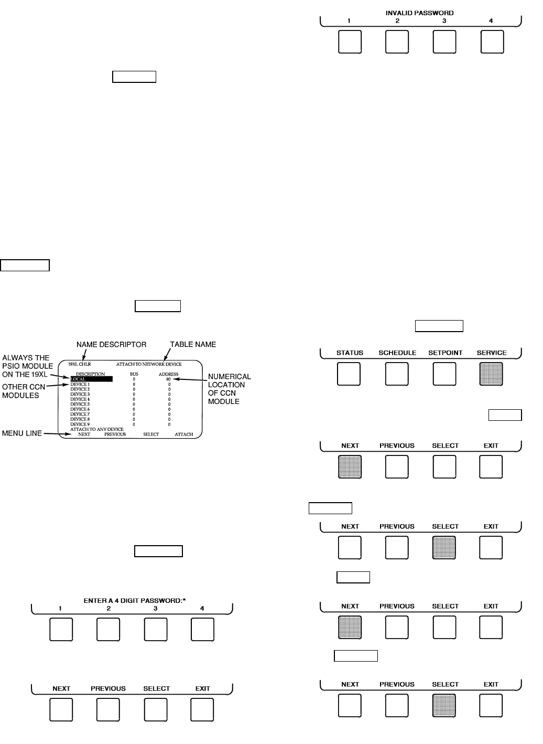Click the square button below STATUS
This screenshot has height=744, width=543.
[349, 374]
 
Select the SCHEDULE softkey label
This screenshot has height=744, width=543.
[397, 353]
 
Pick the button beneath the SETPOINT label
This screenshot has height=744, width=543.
[444, 374]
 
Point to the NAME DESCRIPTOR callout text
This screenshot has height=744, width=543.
[111, 345]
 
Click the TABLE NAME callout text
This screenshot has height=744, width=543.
[193, 345]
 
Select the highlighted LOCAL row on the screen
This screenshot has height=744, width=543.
[91, 379]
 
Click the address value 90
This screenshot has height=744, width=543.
[168, 379]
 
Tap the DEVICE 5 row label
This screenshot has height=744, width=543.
[80, 405]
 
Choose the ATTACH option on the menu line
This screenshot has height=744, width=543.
[183, 434]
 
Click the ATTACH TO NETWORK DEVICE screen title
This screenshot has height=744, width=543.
[149, 364]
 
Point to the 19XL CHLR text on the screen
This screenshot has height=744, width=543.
[80, 364]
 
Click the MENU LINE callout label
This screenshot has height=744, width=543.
[21, 433]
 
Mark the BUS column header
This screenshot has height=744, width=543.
[134, 374]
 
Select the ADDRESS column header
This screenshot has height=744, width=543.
[168, 374]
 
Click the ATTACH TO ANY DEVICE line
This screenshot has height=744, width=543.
[97, 429]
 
